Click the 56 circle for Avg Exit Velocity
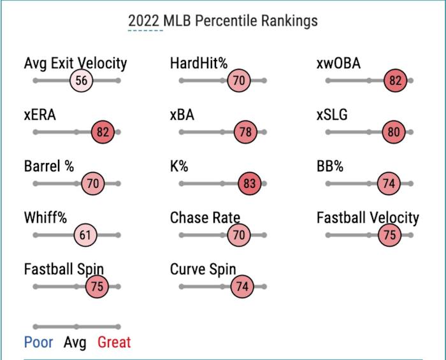(82, 81)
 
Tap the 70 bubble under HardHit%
(239, 81)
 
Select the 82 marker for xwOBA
(395, 81)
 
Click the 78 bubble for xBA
(245, 133)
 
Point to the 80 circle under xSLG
(393, 133)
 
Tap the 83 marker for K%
(250, 184)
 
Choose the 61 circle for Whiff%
(85, 235)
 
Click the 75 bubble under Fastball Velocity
(389, 235)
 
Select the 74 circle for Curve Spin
(242, 287)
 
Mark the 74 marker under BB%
(388, 184)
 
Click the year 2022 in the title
(144, 20)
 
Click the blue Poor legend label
(38, 343)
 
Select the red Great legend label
(114, 343)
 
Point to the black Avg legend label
(75, 343)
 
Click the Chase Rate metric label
(205, 218)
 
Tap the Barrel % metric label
(49, 167)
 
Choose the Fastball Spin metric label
(64, 269)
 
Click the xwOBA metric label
(338, 64)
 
